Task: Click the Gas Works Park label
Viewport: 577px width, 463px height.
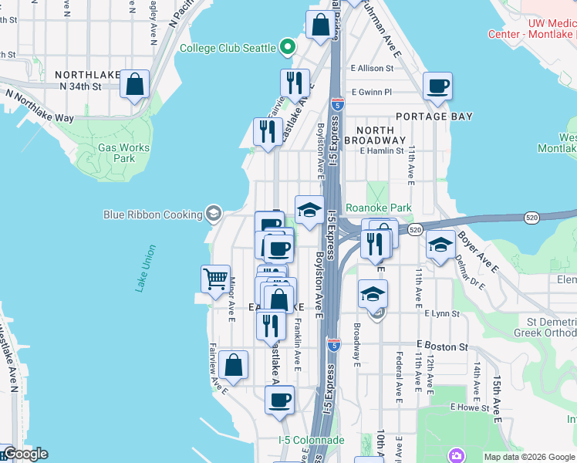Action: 116,153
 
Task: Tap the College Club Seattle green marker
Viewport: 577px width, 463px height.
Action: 288,48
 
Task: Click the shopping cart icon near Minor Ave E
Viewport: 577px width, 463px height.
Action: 216,278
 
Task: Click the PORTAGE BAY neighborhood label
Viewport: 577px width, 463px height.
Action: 432,117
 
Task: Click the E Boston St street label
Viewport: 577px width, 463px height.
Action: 442,346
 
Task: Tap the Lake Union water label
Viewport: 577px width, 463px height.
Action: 146,268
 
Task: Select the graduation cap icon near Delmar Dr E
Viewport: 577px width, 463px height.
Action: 440,245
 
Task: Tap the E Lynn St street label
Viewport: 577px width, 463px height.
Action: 441,314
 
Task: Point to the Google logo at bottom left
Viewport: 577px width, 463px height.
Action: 25,454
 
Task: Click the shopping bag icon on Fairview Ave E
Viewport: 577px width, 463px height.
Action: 233,365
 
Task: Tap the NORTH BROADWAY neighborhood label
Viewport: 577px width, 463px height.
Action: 374,134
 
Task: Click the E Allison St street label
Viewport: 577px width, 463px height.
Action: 372,69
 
